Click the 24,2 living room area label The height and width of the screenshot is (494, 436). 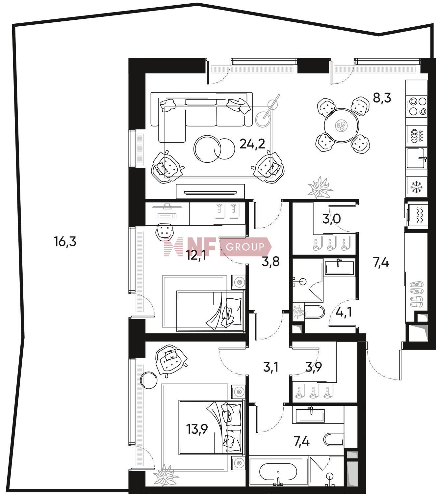coord(252,144)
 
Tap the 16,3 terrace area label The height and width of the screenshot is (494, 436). coord(65,242)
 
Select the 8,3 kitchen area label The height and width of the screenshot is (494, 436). coord(382,98)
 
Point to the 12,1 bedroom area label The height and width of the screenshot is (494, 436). coord(197,256)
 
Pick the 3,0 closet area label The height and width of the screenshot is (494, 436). coord(331,219)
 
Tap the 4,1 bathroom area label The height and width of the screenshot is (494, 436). coord(344,313)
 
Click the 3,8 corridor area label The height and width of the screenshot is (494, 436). coord(270,261)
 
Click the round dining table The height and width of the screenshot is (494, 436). coord(342,125)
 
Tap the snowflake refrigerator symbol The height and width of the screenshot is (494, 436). coord(417,187)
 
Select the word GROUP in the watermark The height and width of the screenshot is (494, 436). coord(245,247)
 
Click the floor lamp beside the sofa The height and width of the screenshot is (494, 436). coord(268,111)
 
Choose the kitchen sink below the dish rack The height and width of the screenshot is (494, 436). coord(417,158)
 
